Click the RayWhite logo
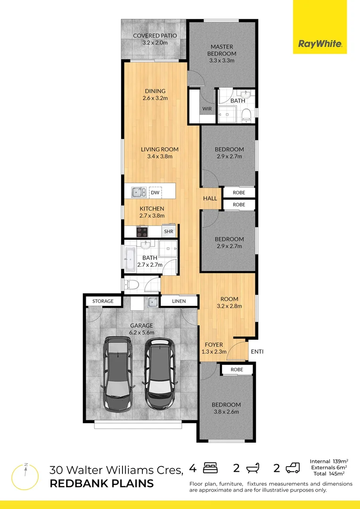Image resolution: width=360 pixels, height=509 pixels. (x=319, y=45)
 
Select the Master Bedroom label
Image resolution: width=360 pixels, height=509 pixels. (x=221, y=53)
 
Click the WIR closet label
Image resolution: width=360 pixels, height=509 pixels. (x=207, y=109)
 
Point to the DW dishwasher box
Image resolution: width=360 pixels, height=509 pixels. (x=155, y=192)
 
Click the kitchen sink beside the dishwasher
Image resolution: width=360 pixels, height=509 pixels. (x=139, y=192)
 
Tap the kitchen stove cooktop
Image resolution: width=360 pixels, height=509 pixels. (x=142, y=232)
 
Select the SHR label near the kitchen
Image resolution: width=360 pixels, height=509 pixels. (x=168, y=232)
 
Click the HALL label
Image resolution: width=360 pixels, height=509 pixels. (x=210, y=198)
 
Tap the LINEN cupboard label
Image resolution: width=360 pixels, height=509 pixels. (x=179, y=301)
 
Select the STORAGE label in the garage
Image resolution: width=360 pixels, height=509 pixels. (x=103, y=301)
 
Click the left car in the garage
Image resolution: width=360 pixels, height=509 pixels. (x=117, y=372)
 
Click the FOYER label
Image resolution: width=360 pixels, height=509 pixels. (x=213, y=345)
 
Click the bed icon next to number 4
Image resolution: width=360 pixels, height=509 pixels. (x=210, y=468)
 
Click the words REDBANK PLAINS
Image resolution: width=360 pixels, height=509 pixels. (x=101, y=483)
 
